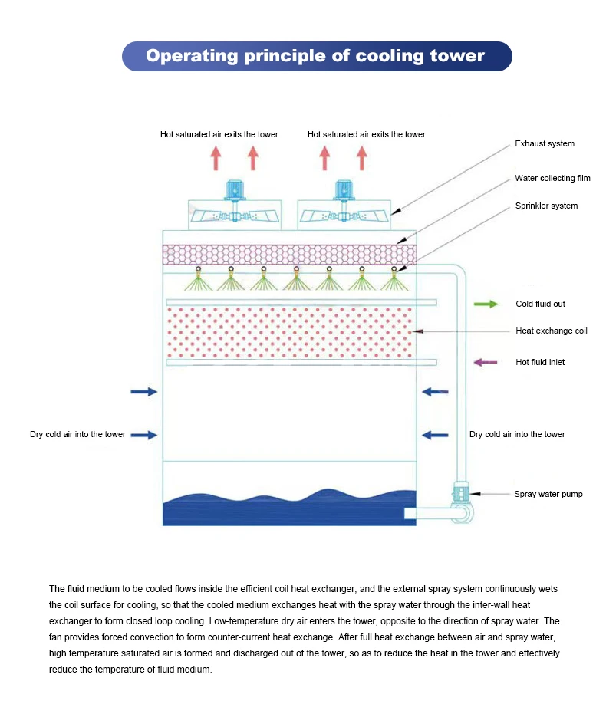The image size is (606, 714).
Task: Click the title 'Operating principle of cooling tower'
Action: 315,55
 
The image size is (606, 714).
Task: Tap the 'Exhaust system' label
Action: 545,143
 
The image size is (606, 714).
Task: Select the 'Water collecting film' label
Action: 552,178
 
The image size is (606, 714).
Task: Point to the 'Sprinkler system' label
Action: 546,206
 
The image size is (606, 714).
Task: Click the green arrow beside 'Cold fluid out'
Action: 486,304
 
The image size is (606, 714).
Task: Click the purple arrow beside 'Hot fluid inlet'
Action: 486,363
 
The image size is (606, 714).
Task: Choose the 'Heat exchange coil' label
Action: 552,331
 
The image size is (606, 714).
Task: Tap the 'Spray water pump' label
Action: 548,494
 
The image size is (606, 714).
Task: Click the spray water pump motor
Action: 461,492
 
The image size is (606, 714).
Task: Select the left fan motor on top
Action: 235,190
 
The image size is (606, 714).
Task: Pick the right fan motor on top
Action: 344,190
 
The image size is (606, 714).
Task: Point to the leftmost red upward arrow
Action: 216,158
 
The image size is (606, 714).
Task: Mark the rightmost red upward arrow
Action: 362,158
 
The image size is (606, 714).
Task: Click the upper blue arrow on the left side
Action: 144,392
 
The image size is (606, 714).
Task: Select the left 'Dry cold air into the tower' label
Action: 77,434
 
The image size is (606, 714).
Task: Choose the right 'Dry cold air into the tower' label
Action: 517,434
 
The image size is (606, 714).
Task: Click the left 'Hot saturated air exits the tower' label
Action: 219,134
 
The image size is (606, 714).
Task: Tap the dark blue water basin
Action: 289,510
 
